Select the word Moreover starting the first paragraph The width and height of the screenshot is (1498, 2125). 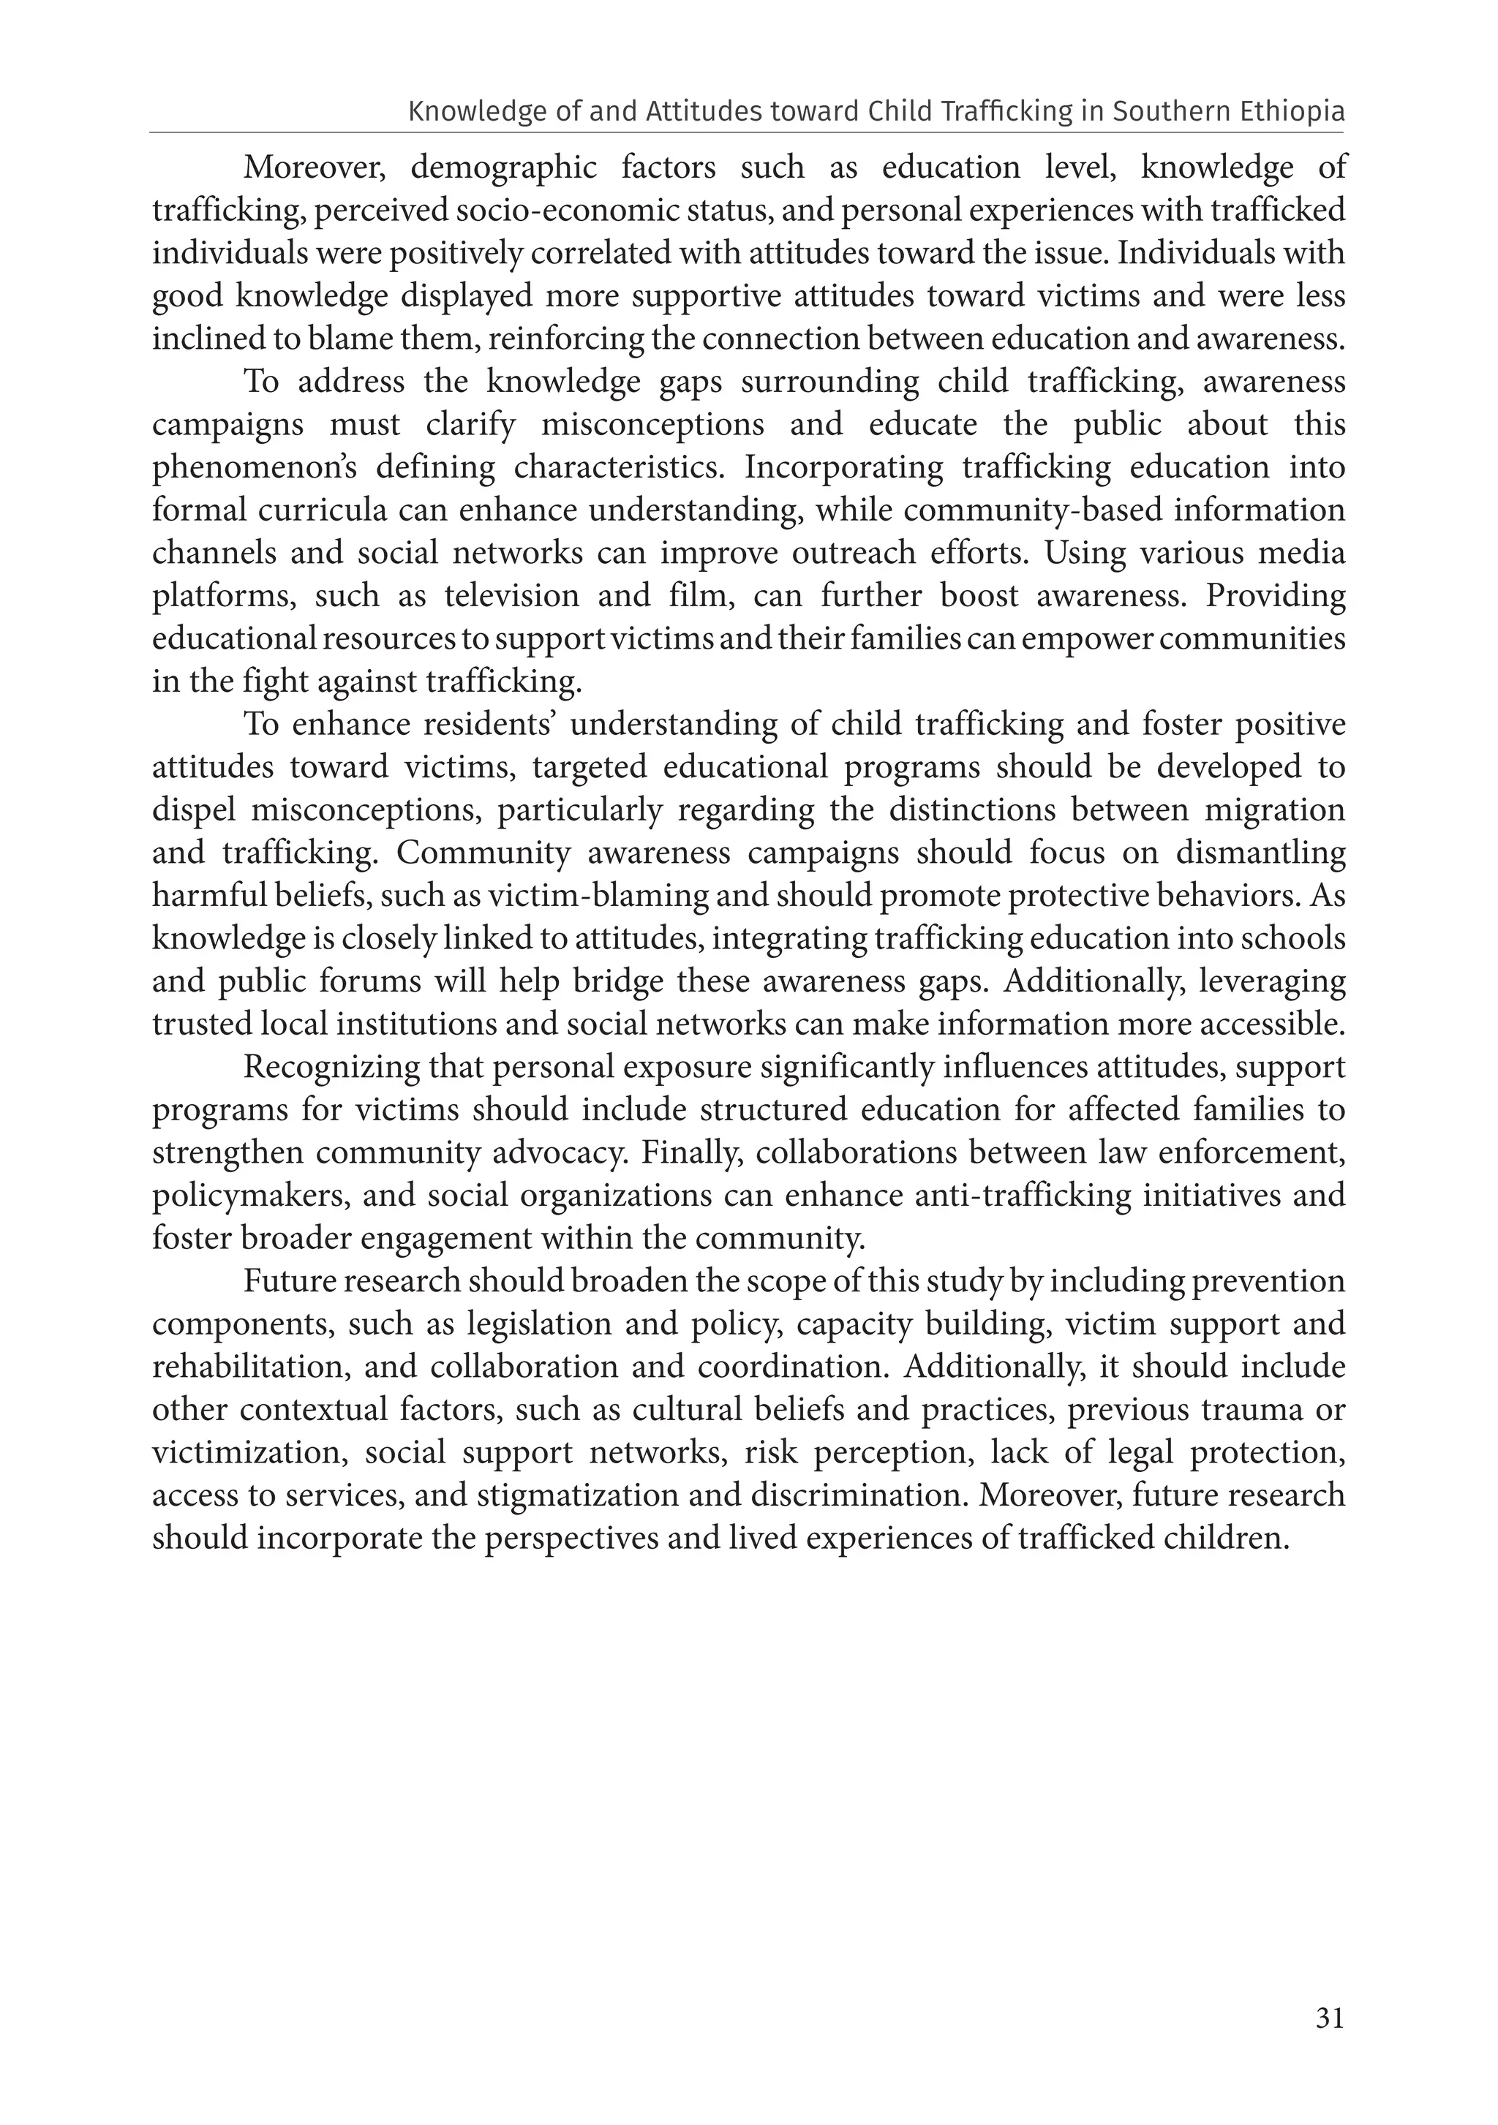click(314, 168)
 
